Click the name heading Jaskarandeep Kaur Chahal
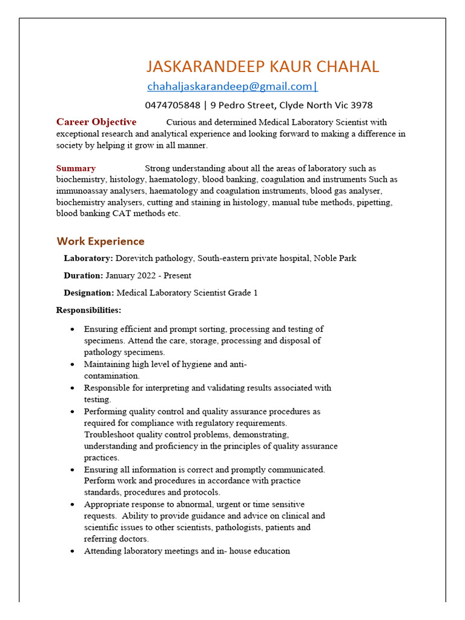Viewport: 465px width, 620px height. (x=263, y=67)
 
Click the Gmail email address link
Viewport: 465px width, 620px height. (x=232, y=87)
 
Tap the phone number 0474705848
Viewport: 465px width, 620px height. (x=172, y=105)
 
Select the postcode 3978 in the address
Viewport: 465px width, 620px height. (x=361, y=105)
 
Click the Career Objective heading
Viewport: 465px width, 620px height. (x=96, y=122)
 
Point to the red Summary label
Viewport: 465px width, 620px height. (x=76, y=168)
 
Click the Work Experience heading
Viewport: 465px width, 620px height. (x=101, y=242)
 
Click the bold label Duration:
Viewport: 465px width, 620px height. (x=84, y=275)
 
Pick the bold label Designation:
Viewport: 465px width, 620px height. (x=89, y=293)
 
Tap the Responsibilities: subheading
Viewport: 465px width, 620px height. (x=88, y=310)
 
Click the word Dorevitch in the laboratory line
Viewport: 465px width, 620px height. (x=135, y=259)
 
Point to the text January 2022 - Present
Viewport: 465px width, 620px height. (x=148, y=275)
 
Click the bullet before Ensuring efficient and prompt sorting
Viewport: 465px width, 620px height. (x=73, y=329)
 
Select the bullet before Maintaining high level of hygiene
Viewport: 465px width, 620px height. (x=73, y=364)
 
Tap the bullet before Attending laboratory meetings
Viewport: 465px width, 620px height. (x=73, y=552)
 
